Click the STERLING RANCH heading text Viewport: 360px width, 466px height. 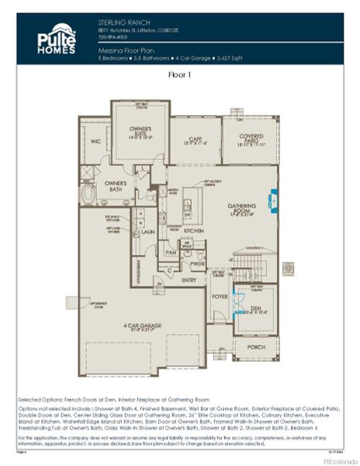point(119,25)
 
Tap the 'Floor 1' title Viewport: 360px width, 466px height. point(179,76)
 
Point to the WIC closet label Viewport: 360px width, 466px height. point(95,141)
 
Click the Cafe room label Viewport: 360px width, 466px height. point(195,140)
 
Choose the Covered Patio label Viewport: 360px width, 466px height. point(249,140)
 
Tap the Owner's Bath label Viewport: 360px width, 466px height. point(116,186)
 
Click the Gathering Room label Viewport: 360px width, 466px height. point(242,207)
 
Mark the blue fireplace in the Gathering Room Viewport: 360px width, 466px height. point(272,200)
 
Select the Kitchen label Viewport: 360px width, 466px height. point(194,231)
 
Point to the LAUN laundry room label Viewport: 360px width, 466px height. point(147,231)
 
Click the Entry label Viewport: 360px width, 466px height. point(189,280)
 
